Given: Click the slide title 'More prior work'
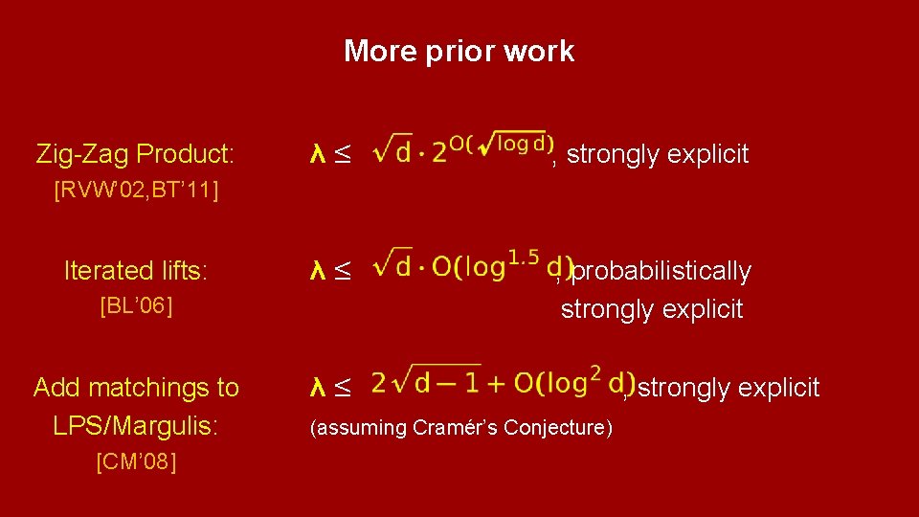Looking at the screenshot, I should point(459,51).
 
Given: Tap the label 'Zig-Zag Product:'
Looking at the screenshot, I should point(135,153).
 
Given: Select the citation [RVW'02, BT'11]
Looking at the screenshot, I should point(137,190).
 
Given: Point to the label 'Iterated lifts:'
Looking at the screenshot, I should point(135,271).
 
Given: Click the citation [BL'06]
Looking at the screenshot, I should point(136,306).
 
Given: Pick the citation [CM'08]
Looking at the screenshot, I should point(136,462).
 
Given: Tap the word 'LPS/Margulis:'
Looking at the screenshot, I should point(136,426).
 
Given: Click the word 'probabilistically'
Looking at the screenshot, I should point(661,271).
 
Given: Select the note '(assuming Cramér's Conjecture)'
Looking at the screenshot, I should point(460,427).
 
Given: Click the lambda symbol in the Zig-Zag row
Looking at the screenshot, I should point(319,153).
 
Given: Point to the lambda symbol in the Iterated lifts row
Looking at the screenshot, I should point(319,271).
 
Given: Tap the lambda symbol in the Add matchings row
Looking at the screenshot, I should point(319,387).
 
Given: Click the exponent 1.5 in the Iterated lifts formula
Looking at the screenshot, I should point(523,257).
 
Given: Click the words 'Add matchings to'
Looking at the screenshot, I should point(136,387).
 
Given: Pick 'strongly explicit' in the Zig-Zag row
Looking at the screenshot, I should point(658,153).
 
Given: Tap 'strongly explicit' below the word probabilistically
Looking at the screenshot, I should point(652,309).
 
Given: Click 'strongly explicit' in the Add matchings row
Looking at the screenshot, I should point(728,387).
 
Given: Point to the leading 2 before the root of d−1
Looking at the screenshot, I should point(379,384).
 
